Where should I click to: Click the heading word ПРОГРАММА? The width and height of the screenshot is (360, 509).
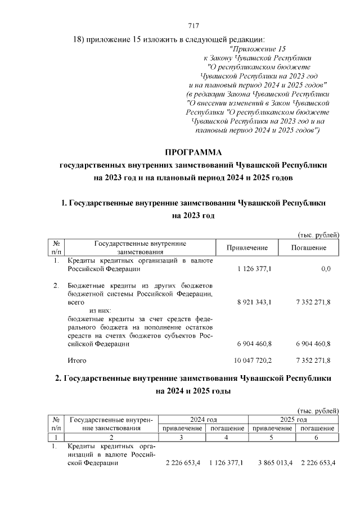[193, 152]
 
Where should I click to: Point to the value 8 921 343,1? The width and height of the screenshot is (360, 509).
[253, 302]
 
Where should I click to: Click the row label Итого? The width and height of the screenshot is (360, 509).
[77, 360]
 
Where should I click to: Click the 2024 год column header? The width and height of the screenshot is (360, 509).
[204, 420]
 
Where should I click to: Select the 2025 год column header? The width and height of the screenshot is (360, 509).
[294, 420]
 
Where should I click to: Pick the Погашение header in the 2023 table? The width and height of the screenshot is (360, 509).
[309, 248]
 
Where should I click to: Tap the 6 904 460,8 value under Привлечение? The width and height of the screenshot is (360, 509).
[253, 344]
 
